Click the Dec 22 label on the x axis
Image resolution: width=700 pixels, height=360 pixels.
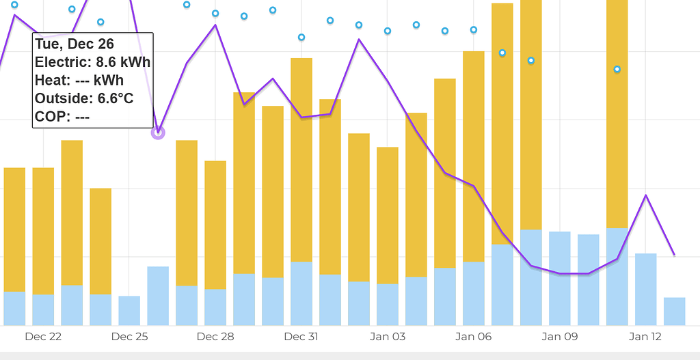(x=43, y=336)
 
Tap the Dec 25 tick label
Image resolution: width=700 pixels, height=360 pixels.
(x=129, y=336)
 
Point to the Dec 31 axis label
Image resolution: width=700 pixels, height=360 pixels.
(x=301, y=336)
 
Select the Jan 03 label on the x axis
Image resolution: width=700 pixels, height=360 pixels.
(x=388, y=336)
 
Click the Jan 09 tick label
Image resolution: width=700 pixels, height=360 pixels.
(x=560, y=336)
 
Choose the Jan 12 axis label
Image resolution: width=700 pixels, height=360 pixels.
(x=645, y=336)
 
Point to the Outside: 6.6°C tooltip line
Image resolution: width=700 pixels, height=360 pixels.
(x=83, y=98)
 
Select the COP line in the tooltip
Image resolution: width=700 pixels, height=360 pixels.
(x=62, y=117)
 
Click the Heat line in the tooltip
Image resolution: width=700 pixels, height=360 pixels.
(x=79, y=81)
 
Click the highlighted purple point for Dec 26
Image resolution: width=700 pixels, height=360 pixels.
(x=158, y=132)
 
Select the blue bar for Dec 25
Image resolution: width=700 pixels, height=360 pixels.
(x=129, y=311)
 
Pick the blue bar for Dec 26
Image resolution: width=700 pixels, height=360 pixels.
(x=158, y=296)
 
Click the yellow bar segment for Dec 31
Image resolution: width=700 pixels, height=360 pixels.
(x=301, y=160)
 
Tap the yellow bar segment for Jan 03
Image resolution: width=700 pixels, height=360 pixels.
(x=388, y=215)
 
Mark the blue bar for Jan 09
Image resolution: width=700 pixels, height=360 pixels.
(x=560, y=279)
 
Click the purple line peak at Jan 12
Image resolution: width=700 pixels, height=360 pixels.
(x=646, y=195)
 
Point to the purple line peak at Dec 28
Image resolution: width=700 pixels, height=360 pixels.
(x=215, y=25)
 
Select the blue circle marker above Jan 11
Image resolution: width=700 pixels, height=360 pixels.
(x=617, y=69)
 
